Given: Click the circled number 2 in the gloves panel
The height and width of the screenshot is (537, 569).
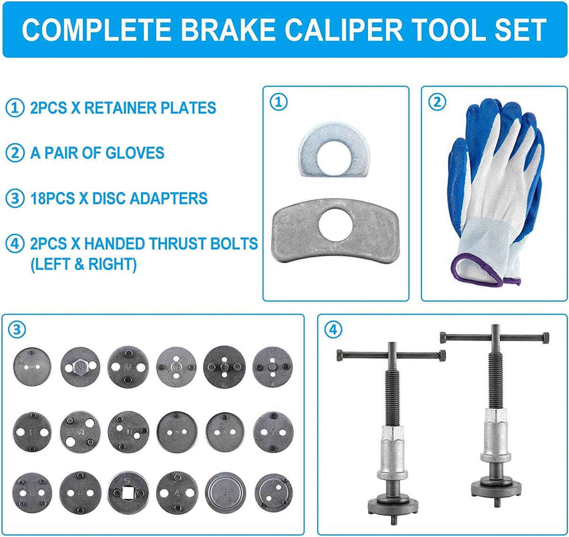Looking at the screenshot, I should point(437,102).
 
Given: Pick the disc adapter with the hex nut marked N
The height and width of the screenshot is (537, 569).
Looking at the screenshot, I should point(80,367).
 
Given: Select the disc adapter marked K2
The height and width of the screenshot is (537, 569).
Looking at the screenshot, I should point(176,366).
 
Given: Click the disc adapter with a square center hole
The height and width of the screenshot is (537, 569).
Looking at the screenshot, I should point(128,492).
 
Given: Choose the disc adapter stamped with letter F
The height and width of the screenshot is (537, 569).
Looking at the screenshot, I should point(32,432).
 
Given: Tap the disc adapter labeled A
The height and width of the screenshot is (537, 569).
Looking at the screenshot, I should point(80,432).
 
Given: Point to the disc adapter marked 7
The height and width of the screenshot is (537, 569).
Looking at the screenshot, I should point(273,432).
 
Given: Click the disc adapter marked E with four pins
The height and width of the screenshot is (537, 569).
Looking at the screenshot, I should point(32,492).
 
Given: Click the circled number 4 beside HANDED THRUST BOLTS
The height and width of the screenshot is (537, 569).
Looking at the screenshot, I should point(15,244).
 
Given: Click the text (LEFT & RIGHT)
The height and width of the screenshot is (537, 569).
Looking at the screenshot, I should point(83,265).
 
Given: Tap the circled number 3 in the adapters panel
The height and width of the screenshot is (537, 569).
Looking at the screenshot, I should point(17,330).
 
